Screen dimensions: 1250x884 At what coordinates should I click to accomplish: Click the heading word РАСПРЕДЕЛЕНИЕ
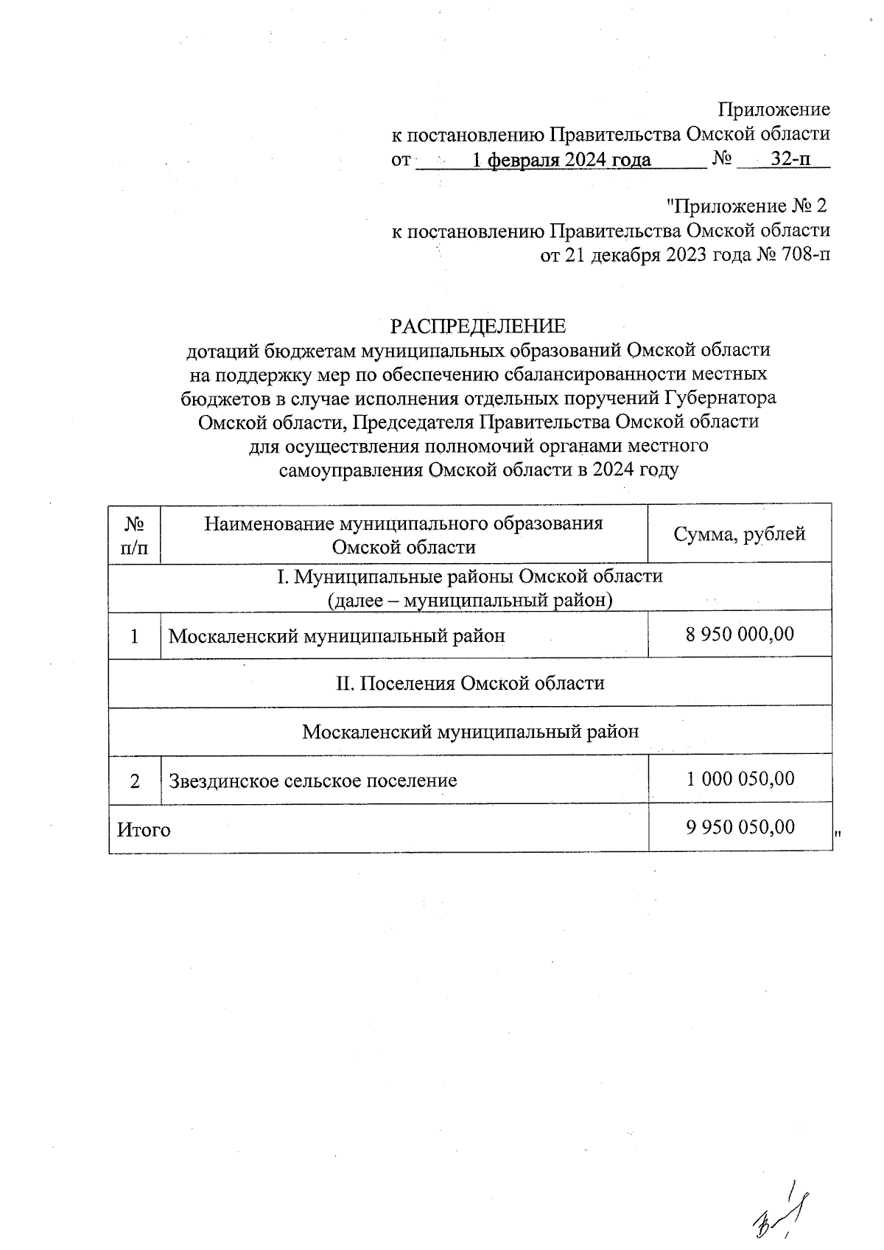[477, 326]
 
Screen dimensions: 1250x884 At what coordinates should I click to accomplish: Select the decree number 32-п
[790, 159]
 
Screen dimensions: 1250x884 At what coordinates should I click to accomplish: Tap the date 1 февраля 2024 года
[561, 160]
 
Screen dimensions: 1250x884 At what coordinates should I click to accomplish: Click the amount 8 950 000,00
[740, 633]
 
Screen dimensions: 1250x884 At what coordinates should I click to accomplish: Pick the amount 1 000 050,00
[740, 778]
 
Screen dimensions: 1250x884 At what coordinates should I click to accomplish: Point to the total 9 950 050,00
[740, 827]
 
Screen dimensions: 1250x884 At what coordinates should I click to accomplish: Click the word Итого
[144, 830]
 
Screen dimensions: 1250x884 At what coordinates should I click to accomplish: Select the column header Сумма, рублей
[739, 534]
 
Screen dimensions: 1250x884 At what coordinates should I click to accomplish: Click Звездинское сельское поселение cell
[313, 780]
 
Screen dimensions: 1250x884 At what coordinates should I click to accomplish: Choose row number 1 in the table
[134, 635]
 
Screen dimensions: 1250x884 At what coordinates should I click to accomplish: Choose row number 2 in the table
[134, 780]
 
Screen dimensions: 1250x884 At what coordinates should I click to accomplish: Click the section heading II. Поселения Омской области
[470, 683]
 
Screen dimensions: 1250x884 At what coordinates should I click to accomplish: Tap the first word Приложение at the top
[773, 110]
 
